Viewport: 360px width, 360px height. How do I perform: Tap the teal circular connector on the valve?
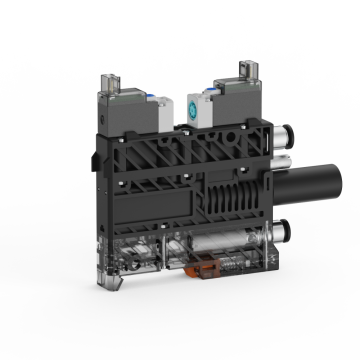pyautogui.click(x=195, y=109)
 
